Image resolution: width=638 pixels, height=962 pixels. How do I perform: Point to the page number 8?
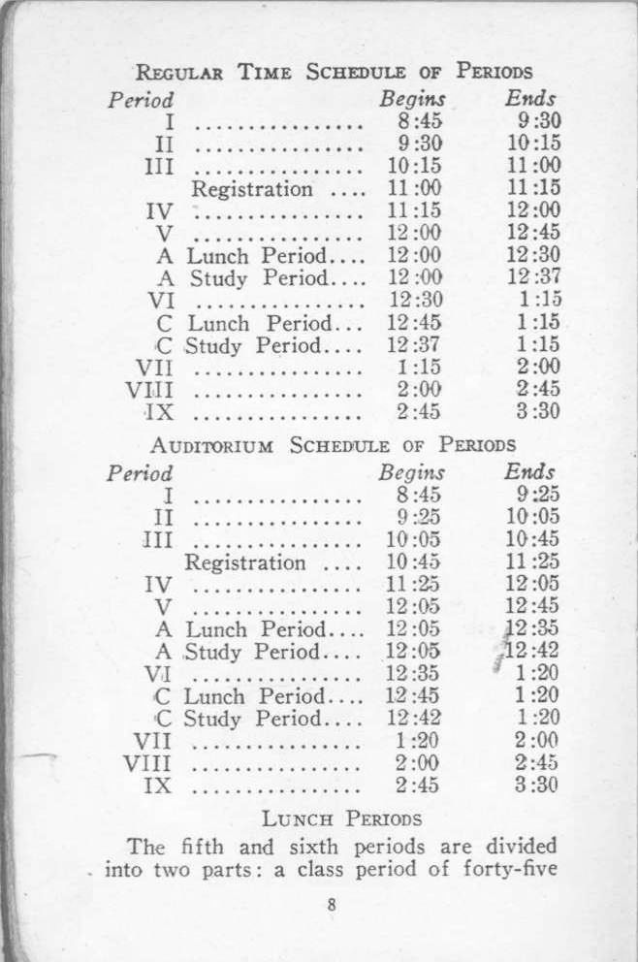332,905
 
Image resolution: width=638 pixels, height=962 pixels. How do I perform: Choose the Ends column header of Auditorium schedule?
529,472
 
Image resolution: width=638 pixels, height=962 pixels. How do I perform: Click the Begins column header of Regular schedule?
413,99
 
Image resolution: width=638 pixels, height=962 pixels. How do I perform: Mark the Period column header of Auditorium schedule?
140,474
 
